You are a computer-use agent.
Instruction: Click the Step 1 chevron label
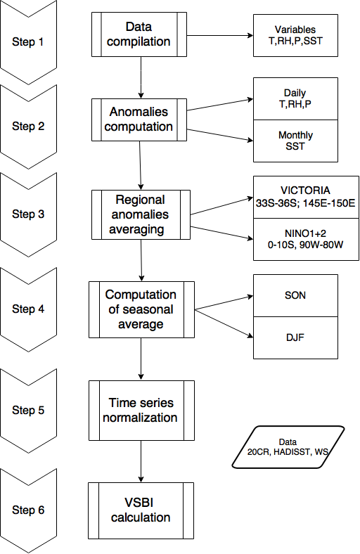pos(28,41)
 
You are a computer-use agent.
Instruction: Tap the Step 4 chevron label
pos(28,309)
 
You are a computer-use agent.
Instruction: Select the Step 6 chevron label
pos(28,510)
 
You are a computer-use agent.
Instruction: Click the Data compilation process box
pos(139,34)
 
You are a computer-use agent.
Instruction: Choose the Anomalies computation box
pos(139,120)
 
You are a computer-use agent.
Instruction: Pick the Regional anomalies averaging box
pos(141,215)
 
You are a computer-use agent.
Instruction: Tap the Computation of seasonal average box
pos(141,309)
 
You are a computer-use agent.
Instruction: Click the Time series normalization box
pos(141,411)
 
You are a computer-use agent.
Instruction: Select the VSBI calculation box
pos(141,510)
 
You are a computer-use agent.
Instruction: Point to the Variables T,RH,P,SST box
pos(295,35)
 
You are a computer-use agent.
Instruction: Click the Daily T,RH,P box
pos(295,98)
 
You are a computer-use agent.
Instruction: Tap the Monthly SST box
pos(295,141)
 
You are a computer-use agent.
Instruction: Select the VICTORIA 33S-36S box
pos(306,197)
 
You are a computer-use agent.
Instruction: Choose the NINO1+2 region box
pos(306,240)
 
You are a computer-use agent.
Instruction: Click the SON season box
pos(295,295)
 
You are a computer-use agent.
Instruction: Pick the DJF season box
pos(295,337)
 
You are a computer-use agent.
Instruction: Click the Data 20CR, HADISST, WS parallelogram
pos(288,447)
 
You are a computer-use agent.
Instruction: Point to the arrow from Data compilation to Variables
pos(220,35)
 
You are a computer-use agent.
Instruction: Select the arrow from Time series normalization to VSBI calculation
pos(141,461)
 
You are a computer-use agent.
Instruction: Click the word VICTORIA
pos(306,191)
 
